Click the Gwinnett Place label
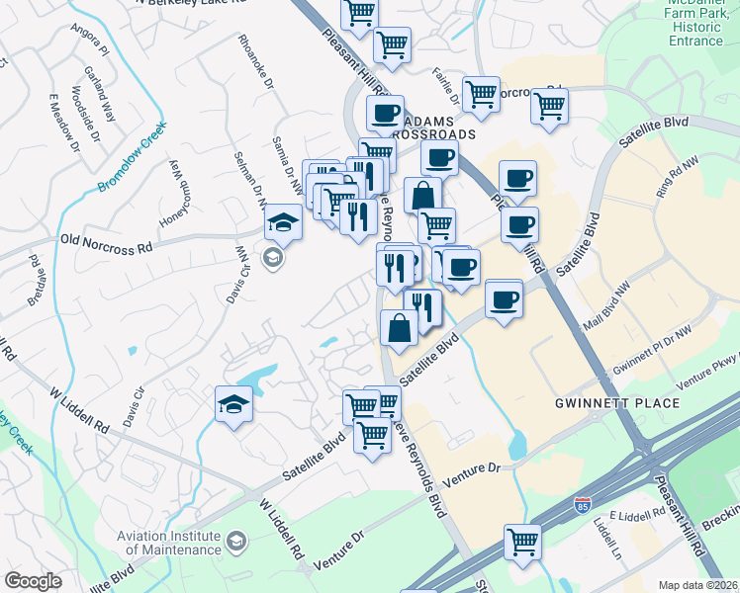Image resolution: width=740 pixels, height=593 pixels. tap(618, 403)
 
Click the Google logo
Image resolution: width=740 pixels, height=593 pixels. tap(33, 581)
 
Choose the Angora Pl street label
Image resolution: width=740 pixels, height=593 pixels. tap(90, 36)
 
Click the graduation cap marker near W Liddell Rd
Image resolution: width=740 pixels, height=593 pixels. tap(233, 403)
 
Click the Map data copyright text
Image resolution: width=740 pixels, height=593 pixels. tap(698, 584)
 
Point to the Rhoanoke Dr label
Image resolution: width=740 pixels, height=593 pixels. tap(253, 62)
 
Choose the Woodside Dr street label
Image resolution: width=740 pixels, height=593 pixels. tap(77, 120)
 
